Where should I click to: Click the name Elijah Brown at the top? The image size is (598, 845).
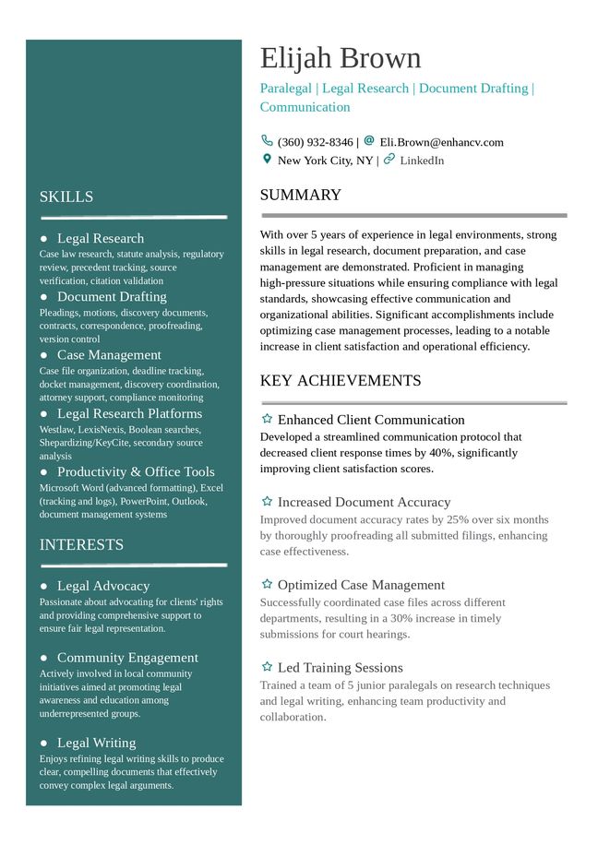pyautogui.click(x=340, y=58)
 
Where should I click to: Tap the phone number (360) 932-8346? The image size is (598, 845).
pyautogui.click(x=315, y=142)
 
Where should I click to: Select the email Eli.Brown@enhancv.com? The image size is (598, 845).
pyautogui.click(x=441, y=142)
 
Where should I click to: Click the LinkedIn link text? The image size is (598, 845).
pyautogui.click(x=422, y=161)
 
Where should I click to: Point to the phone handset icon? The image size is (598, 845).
pyautogui.click(x=267, y=141)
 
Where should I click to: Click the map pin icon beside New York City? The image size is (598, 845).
pyautogui.click(x=267, y=160)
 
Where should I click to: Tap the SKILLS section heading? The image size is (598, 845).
pyautogui.click(x=66, y=196)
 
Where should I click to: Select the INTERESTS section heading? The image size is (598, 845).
pyautogui.click(x=81, y=544)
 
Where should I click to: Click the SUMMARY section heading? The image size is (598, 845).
pyautogui.click(x=300, y=195)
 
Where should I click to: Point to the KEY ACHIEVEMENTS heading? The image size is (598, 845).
pyautogui.click(x=340, y=380)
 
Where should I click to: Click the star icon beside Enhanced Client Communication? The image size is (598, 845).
pyautogui.click(x=267, y=420)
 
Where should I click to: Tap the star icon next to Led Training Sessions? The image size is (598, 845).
pyautogui.click(x=267, y=667)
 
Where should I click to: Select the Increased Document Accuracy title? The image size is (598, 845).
pyautogui.click(x=364, y=502)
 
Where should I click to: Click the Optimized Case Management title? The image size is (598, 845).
pyautogui.click(x=361, y=585)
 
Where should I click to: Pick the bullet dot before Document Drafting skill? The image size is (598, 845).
pyautogui.click(x=43, y=296)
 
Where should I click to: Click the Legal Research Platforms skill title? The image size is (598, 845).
pyautogui.click(x=129, y=413)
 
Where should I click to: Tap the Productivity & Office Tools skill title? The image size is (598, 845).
pyautogui.click(x=136, y=471)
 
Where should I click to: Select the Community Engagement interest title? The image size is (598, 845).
pyautogui.click(x=127, y=658)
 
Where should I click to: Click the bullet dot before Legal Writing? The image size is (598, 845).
pyautogui.click(x=43, y=743)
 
